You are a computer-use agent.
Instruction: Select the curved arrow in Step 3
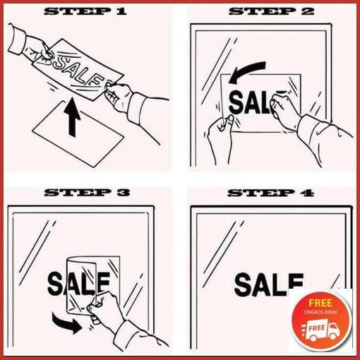pyautogui.click(x=70, y=324)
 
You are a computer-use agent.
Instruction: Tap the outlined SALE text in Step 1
pyautogui.click(x=73, y=66)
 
